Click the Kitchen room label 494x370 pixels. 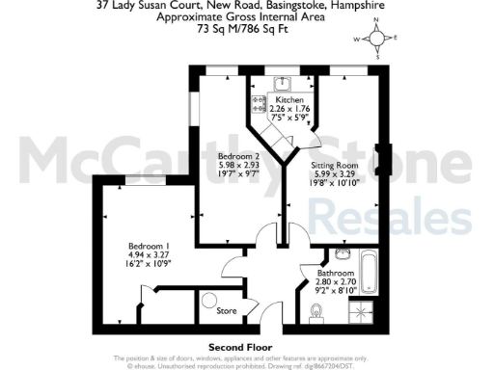pos(289,100)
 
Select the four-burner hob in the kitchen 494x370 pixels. pos(260,103)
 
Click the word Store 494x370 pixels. pos(227,310)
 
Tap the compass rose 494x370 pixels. pos(377,40)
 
